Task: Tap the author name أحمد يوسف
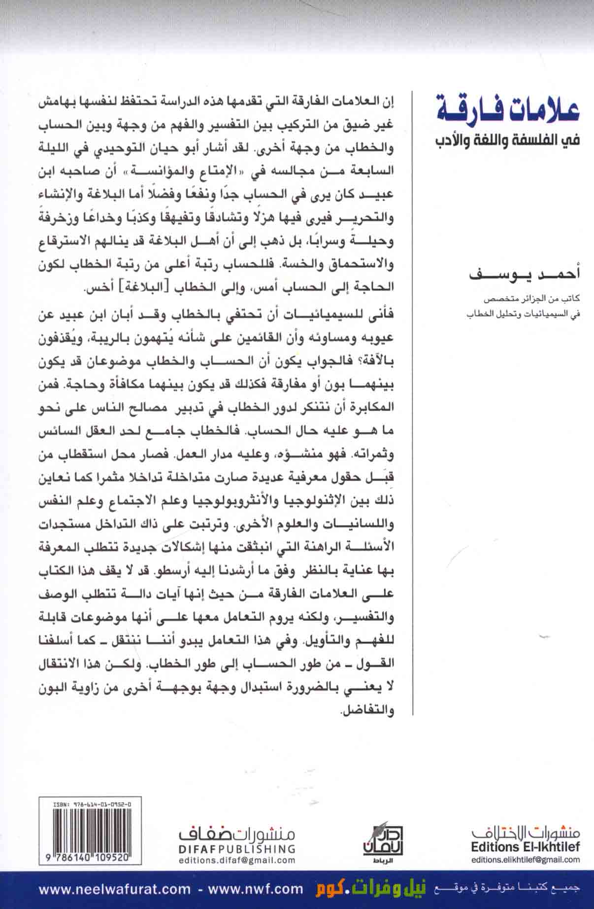pos(524,274)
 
